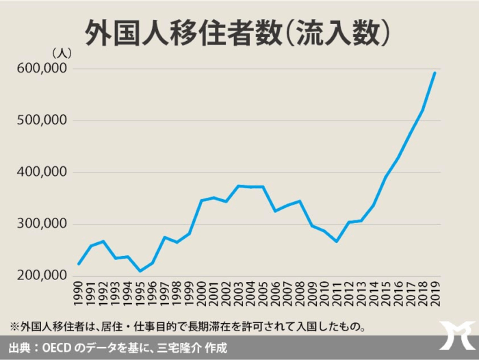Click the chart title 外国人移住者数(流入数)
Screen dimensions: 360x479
(x=239, y=31)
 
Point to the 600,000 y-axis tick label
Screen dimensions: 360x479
(x=40, y=68)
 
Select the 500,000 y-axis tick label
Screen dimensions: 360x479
(x=40, y=120)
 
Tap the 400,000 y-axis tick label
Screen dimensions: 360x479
(x=40, y=172)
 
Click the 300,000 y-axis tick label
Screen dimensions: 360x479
(x=40, y=224)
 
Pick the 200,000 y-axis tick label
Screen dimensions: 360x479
(x=40, y=276)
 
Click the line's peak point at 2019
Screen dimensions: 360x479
(x=435, y=73)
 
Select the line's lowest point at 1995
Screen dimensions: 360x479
(x=141, y=271)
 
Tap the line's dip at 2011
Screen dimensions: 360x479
(x=337, y=241)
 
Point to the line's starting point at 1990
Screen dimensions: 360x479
(x=79, y=263)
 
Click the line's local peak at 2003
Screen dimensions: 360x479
(x=239, y=185)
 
